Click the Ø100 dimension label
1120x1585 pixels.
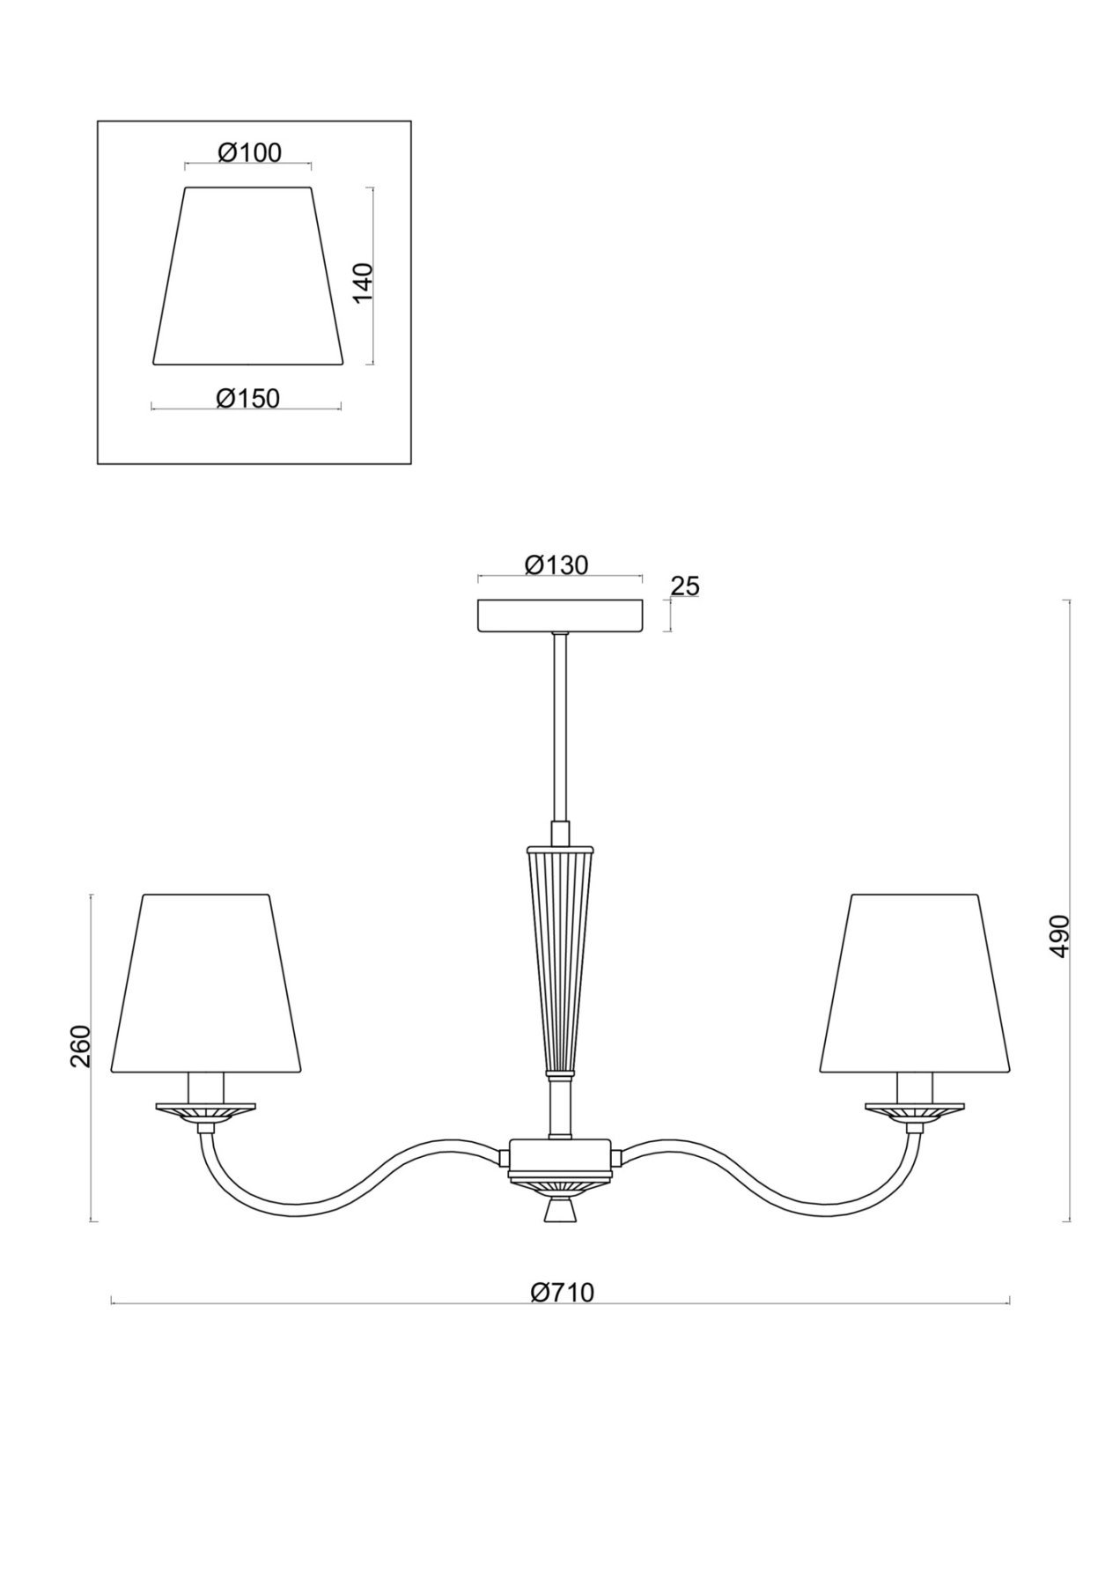tap(249, 152)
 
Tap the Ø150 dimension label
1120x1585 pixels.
tap(247, 398)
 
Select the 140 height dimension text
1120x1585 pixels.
tap(363, 282)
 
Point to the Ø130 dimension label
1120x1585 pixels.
tap(556, 564)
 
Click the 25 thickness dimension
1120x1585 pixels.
tap(685, 586)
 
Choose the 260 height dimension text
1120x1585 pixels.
tap(81, 1045)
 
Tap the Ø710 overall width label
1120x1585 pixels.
tap(563, 1292)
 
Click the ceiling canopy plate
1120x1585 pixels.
tap(560, 616)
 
